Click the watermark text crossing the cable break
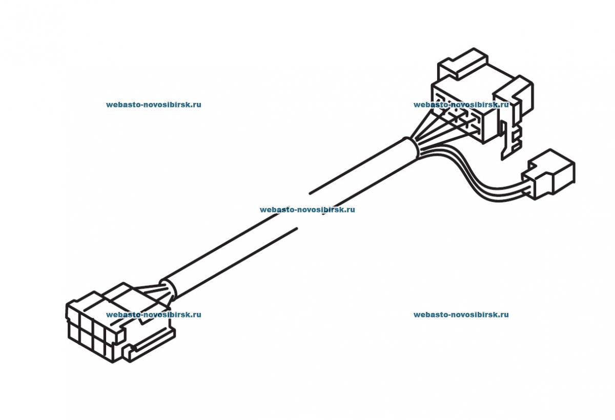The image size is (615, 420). click(x=307, y=209)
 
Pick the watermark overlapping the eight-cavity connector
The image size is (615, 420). click(x=153, y=314)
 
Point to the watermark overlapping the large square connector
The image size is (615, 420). click(x=461, y=104)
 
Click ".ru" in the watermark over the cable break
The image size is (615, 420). click(x=349, y=209)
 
